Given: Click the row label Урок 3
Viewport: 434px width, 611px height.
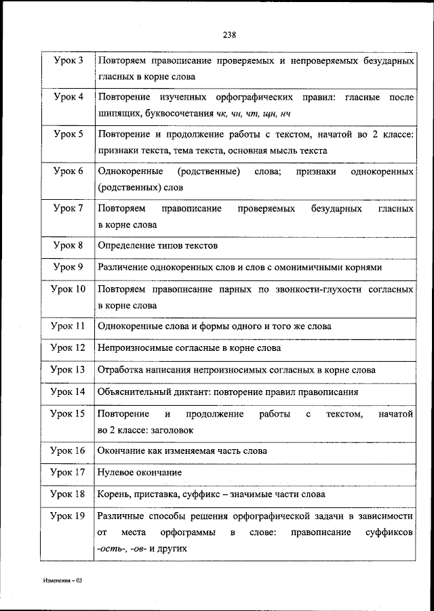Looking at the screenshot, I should point(68,61).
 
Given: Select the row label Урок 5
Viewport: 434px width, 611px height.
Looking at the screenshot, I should point(68,134).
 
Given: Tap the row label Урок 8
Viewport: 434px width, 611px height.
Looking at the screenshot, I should point(68,245).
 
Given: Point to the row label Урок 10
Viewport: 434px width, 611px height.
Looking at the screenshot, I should point(68,289).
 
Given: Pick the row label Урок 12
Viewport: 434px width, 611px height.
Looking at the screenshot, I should point(68,347).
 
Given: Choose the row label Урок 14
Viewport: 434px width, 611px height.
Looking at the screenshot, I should point(68,392).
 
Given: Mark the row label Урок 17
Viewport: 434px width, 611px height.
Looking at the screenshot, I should point(68,472).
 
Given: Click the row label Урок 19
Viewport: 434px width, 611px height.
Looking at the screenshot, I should point(68,516).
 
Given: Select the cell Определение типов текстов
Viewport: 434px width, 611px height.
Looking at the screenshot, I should point(158,245).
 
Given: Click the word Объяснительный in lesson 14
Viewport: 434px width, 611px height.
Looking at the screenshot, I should point(133,392).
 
